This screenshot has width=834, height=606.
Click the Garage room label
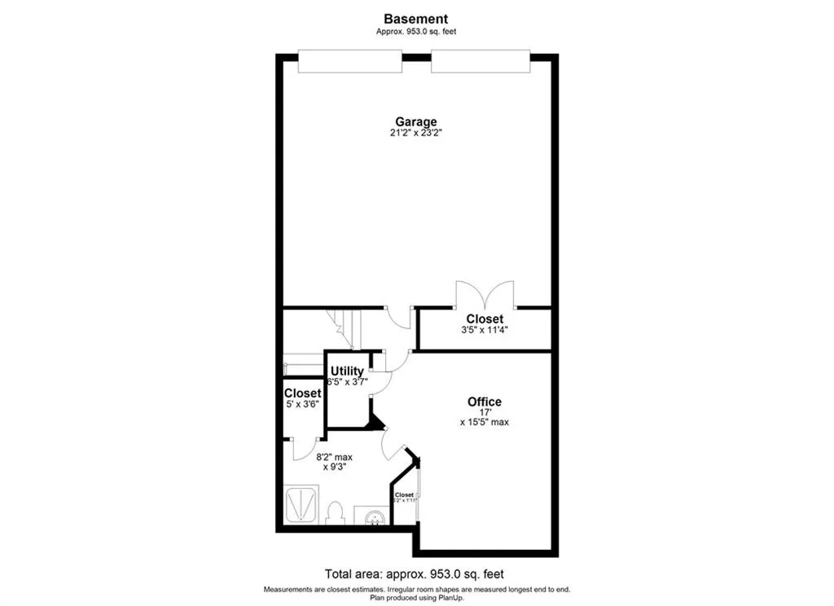tap(416, 122)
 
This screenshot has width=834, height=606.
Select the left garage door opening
tap(349, 61)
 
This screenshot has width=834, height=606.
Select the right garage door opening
tap(481, 61)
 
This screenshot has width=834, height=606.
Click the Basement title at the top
tap(416, 19)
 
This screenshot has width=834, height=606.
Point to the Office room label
tap(484, 402)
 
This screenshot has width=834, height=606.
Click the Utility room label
tap(347, 371)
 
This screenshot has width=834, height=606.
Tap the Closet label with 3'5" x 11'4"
tap(484, 318)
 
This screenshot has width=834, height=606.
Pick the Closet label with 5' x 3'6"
tap(302, 393)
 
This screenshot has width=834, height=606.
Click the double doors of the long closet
tap(485, 295)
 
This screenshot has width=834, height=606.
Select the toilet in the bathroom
tap(334, 514)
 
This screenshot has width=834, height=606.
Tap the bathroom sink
tap(375, 516)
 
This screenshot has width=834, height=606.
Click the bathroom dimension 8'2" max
tap(334, 457)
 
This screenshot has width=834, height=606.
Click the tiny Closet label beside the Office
tap(404, 494)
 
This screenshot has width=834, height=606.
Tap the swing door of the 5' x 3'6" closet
tap(305, 447)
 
